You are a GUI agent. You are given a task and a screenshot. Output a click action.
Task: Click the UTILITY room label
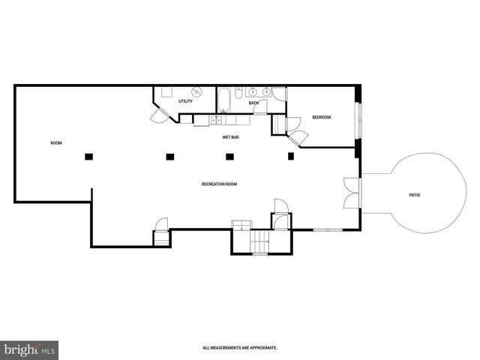click(x=185, y=101)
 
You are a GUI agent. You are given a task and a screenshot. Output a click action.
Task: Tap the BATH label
click(x=253, y=103)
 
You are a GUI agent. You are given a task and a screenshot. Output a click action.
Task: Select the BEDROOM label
click(x=322, y=118)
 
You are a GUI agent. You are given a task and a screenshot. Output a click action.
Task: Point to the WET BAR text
click(x=230, y=137)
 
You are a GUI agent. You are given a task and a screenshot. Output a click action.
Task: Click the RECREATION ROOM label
click(x=219, y=184)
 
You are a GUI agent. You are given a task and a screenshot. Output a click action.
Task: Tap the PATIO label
click(x=414, y=195)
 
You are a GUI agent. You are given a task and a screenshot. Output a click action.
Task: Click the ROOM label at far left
click(x=55, y=143)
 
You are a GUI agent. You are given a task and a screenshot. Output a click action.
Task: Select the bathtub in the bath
click(x=223, y=99)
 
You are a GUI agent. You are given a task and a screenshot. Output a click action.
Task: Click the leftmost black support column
click(x=88, y=157)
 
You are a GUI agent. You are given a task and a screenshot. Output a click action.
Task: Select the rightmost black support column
click(x=291, y=156)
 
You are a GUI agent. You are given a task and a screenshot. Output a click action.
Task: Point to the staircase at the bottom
click(x=259, y=242)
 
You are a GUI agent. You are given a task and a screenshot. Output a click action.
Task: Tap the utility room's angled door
click(x=158, y=114)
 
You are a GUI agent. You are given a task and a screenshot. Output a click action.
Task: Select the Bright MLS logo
click(x=29, y=349)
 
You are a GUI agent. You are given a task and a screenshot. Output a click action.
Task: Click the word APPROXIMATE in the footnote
click(x=259, y=348)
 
